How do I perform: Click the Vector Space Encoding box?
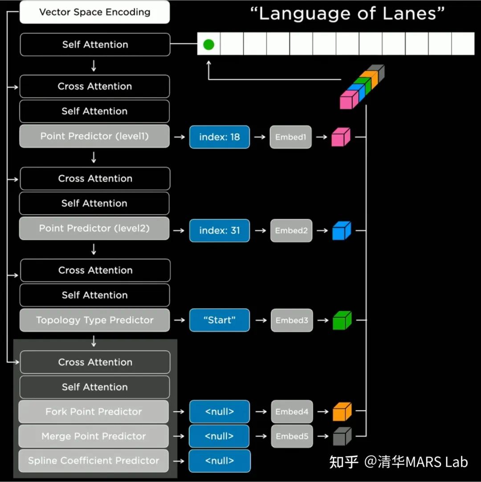click(94, 12)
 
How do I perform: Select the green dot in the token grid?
click(208, 44)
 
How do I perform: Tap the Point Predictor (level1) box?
click(94, 136)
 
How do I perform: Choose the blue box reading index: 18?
click(220, 137)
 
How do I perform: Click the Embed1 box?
click(290, 137)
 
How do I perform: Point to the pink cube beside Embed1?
click(341, 137)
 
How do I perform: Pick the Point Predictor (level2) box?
click(94, 229)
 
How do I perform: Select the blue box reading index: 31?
click(220, 231)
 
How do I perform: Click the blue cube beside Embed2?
click(342, 231)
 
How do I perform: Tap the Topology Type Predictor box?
click(94, 320)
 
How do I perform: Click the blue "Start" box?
click(220, 320)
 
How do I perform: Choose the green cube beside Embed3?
click(342, 320)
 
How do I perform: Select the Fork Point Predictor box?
click(94, 412)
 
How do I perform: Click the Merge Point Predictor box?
click(94, 436)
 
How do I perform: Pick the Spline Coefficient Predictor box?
click(94, 461)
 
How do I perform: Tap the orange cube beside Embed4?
click(342, 412)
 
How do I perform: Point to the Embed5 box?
click(292, 436)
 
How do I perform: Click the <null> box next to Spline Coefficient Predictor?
click(220, 461)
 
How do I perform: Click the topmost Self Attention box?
click(95, 45)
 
